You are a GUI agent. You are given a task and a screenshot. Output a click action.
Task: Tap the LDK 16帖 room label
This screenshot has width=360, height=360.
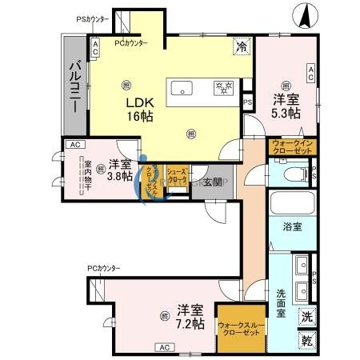tap(138, 110)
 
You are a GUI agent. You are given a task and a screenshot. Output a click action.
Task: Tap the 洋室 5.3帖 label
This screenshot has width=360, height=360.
tap(286, 107)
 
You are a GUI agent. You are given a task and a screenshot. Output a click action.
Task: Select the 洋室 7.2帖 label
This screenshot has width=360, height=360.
tap(191, 317)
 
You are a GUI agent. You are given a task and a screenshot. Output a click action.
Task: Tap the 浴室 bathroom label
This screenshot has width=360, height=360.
tap(291, 227)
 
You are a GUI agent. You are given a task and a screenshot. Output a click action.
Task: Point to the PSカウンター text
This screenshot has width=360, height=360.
tap(94, 18)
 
